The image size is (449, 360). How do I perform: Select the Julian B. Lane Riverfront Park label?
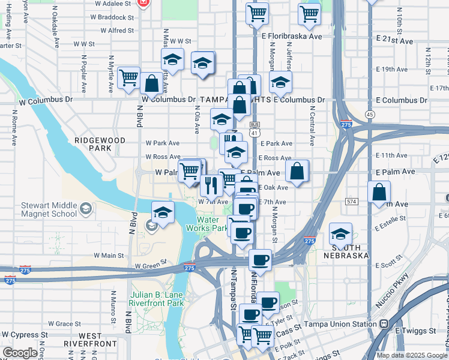pyautogui.click(x=158, y=299)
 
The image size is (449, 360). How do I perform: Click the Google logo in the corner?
pyautogui.click(x=20, y=353)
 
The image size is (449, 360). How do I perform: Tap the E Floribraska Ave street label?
pyautogui.click(x=292, y=37)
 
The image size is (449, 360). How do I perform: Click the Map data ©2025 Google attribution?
pyautogui.click(x=411, y=355)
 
